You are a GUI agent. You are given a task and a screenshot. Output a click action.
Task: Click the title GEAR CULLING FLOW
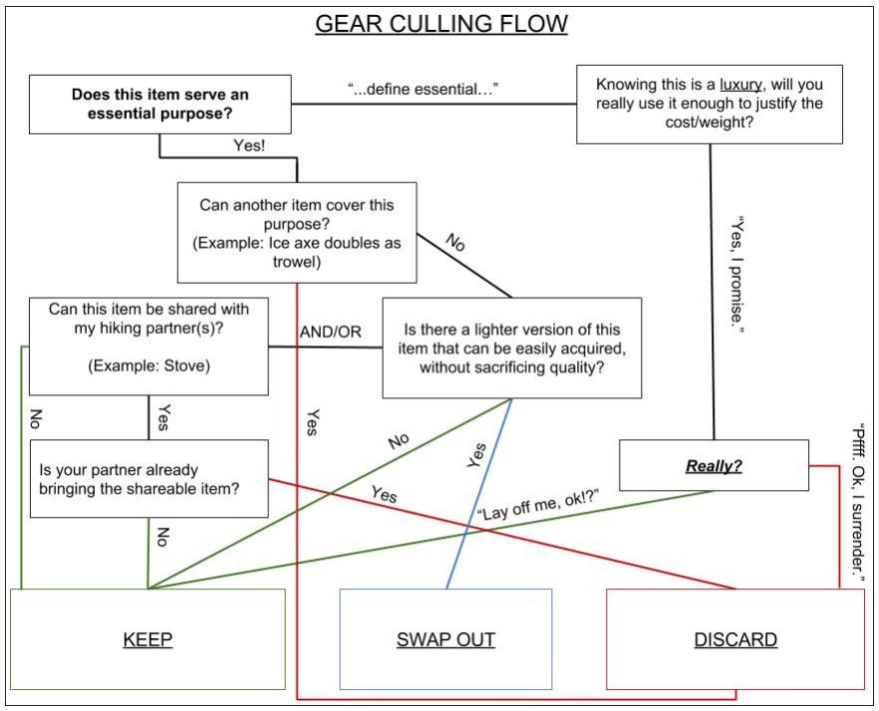click(441, 24)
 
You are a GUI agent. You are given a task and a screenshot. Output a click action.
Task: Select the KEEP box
click(147, 639)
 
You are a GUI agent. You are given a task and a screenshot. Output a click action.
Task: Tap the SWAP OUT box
click(445, 639)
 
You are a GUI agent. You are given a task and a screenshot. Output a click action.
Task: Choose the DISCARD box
click(735, 639)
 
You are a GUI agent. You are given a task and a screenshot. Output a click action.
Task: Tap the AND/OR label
click(331, 332)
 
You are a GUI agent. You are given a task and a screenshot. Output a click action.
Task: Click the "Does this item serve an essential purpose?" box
click(159, 106)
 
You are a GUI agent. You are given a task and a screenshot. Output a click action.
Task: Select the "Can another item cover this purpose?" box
click(297, 232)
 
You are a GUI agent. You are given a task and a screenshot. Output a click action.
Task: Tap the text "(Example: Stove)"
click(148, 366)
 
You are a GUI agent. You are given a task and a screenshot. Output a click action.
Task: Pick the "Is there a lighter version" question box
click(512, 348)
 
